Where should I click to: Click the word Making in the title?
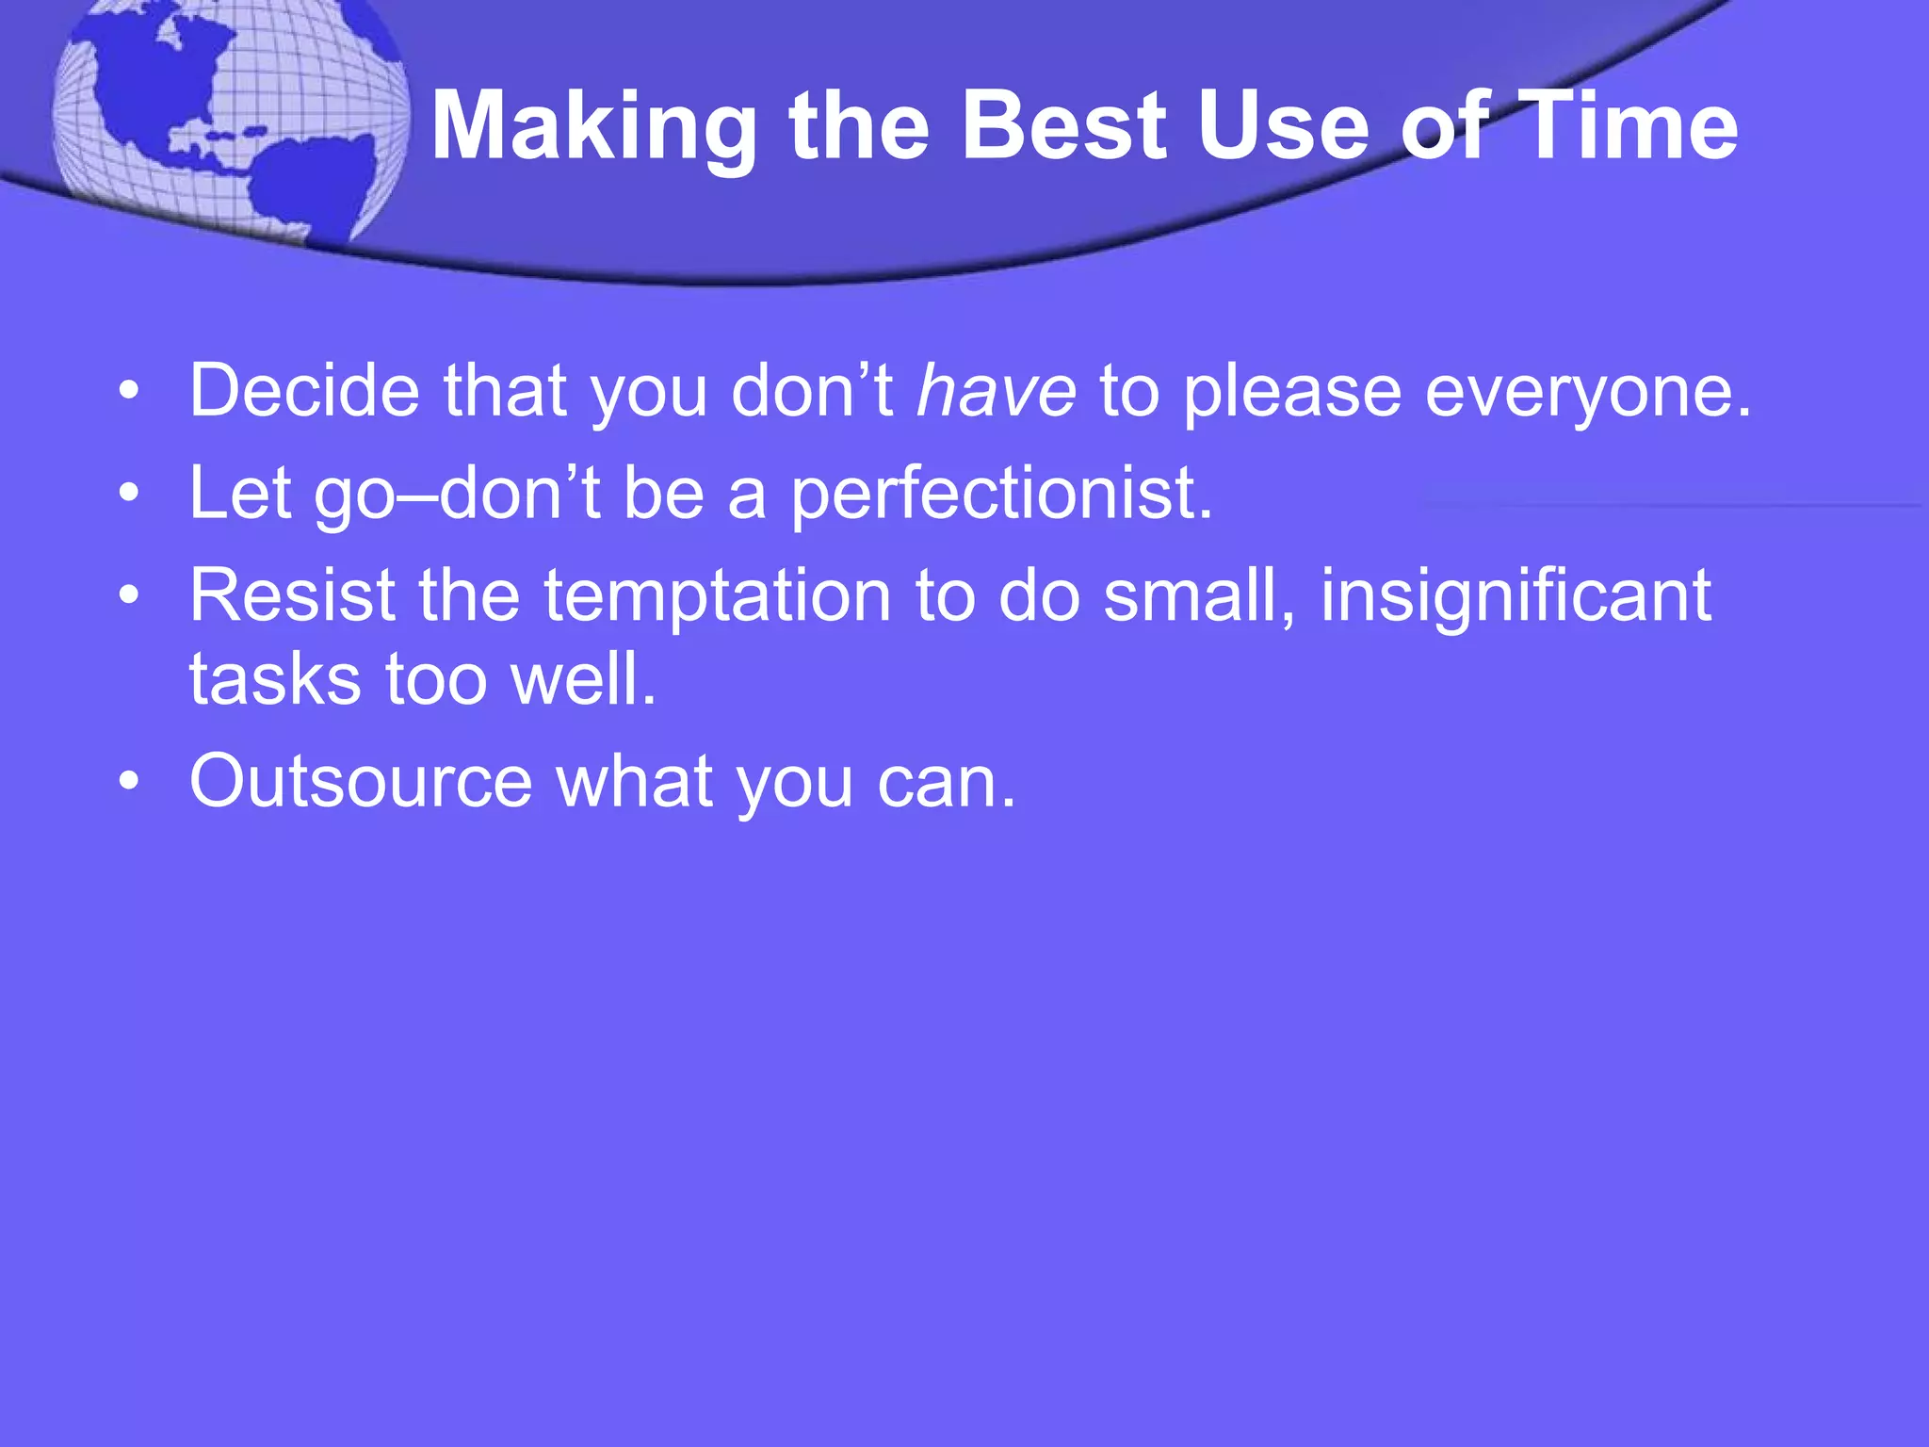593,126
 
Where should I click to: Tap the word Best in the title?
1063,126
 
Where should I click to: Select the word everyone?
1587,392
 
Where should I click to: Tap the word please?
1291,392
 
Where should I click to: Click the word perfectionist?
1000,494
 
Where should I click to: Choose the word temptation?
717,597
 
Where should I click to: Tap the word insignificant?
1515,597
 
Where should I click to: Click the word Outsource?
361,782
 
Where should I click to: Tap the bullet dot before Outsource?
130,782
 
